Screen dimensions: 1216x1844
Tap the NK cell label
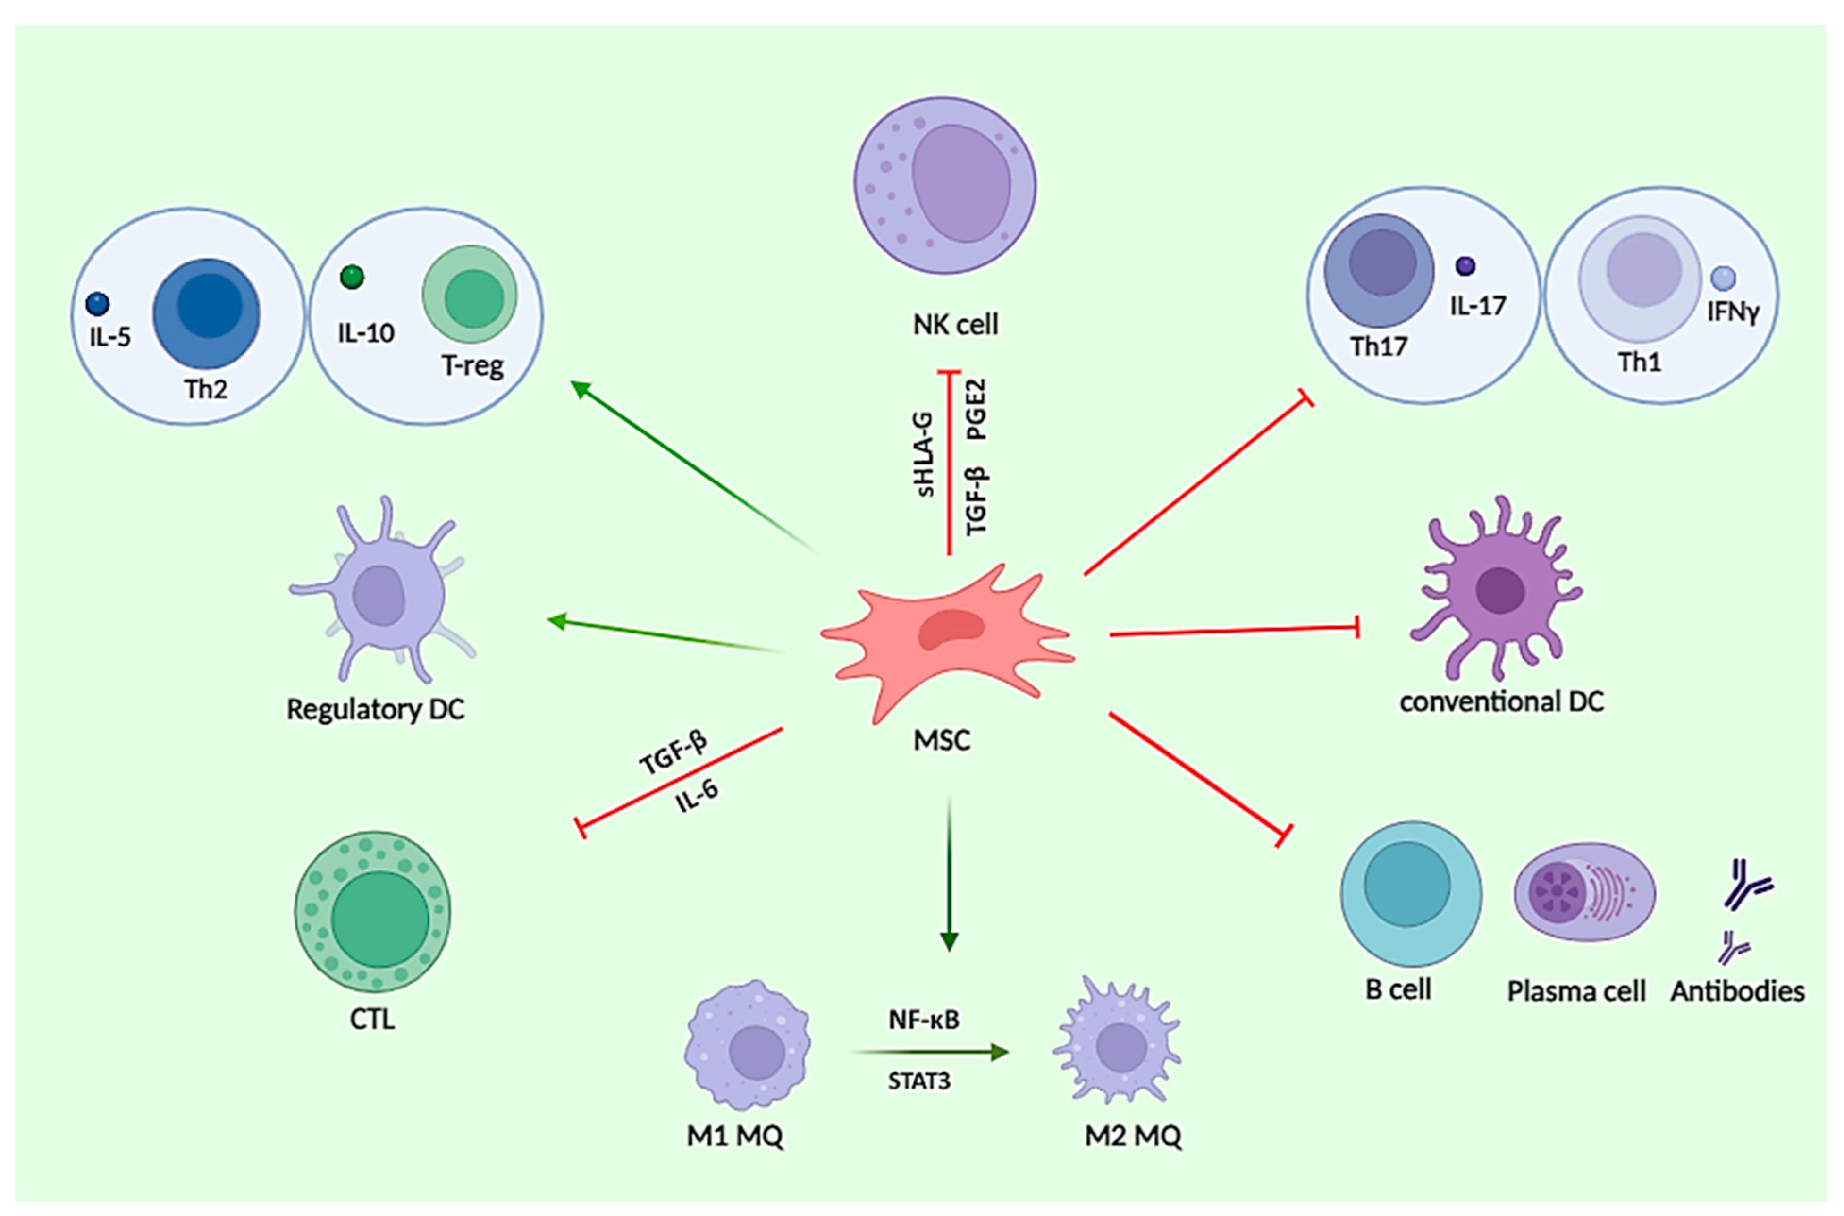click(x=955, y=324)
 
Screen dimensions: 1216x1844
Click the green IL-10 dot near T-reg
click(x=352, y=277)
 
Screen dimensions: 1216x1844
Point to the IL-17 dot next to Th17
click(x=1465, y=266)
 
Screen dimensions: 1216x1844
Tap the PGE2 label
click(x=977, y=409)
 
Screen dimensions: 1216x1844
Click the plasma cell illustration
click(x=1584, y=893)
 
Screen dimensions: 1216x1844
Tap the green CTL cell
click(x=372, y=911)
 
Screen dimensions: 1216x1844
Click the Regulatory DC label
click(x=375, y=709)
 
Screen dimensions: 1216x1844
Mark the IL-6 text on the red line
click(x=696, y=796)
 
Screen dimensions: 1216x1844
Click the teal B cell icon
click(x=1411, y=894)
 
